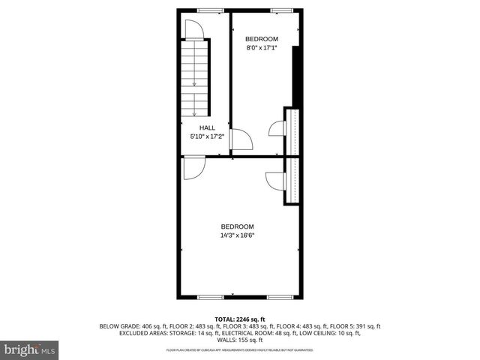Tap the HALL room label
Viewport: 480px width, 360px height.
click(x=207, y=128)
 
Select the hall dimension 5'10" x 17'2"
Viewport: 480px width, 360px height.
click(x=207, y=136)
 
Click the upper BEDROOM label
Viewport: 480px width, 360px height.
click(x=262, y=39)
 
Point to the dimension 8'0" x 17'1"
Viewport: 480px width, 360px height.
click(x=262, y=48)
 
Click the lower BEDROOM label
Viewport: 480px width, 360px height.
click(x=237, y=226)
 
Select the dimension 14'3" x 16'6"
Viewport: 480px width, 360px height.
click(x=237, y=235)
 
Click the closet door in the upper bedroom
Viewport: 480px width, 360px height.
click(x=276, y=129)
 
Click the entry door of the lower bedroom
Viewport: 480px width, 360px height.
click(x=190, y=169)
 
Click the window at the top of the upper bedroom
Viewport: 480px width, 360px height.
click(x=282, y=10)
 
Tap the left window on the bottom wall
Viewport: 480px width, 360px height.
click(x=210, y=297)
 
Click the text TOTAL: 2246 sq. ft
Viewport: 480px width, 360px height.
click(x=239, y=319)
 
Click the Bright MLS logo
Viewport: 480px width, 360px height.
click(x=30, y=349)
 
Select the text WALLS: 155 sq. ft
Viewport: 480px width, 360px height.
click(x=239, y=340)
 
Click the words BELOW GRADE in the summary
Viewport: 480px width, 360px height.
click(x=120, y=326)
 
